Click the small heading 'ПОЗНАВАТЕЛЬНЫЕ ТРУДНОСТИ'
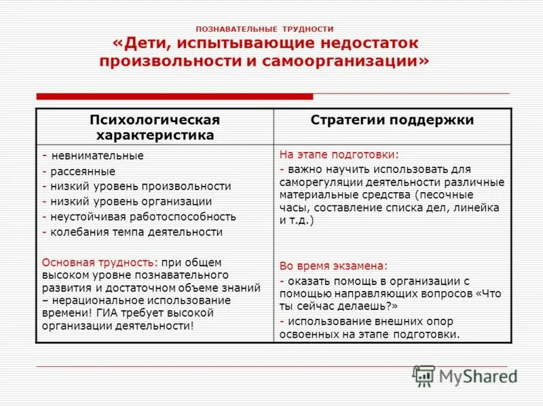pyautogui.click(x=265, y=29)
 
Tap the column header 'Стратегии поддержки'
pyautogui.click(x=392, y=120)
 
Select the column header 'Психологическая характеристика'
pyautogui.click(x=155, y=127)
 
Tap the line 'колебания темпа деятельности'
pyautogui.click(x=136, y=232)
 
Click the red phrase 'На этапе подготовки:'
pyautogui.click(x=339, y=154)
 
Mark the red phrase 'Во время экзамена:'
pyautogui.click(x=333, y=266)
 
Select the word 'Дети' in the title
pyautogui.click(x=145, y=44)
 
